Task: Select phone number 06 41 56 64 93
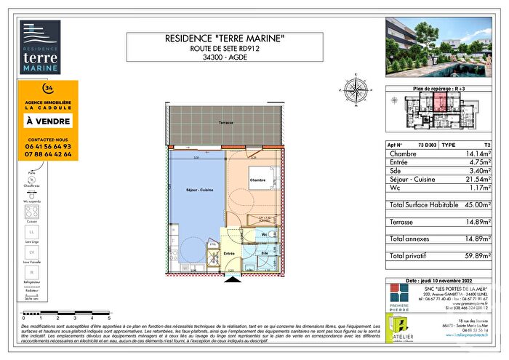coord(49,146)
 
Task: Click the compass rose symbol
coord(356,92)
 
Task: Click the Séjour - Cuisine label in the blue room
coord(193,190)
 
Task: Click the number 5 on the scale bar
coord(109,319)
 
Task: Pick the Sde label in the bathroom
coord(265,253)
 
